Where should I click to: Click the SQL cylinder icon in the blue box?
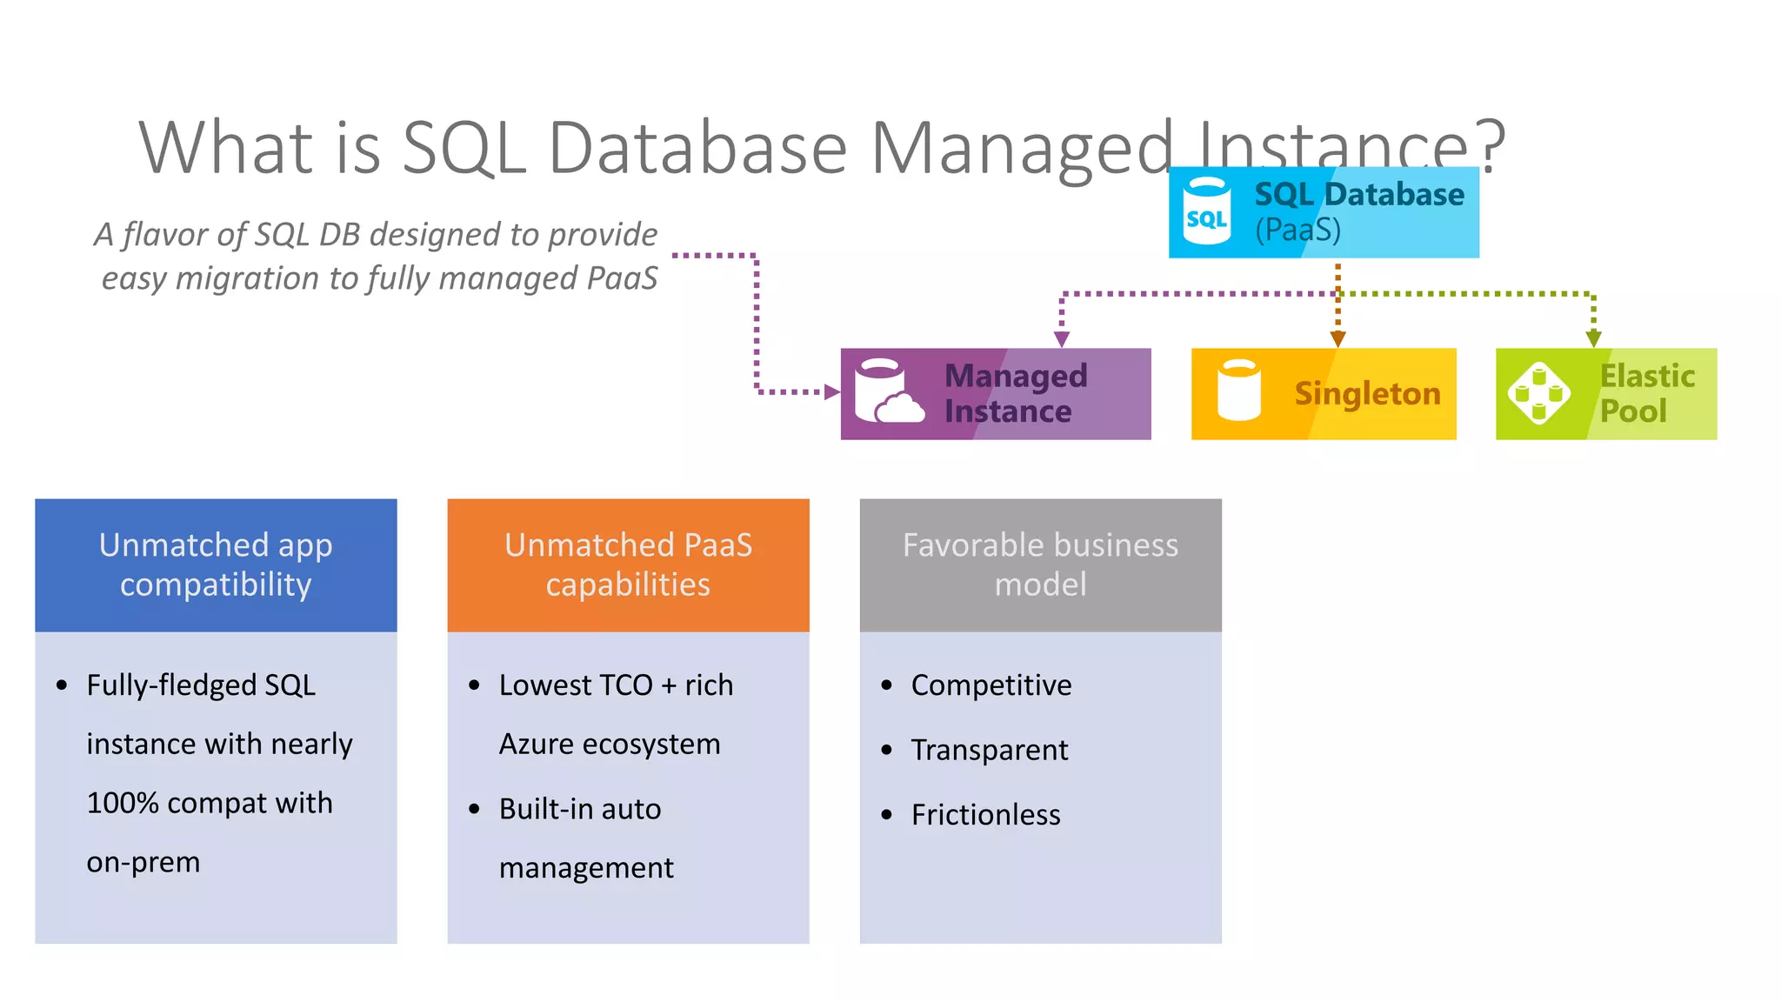tap(1207, 211)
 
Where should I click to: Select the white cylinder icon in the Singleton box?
tap(1239, 391)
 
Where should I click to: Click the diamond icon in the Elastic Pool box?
tap(1538, 393)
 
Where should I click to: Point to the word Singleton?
tap(1367, 394)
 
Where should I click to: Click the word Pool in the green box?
tap(1633, 411)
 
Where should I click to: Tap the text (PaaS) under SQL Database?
tap(1297, 230)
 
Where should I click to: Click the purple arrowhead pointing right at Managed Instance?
tap(832, 392)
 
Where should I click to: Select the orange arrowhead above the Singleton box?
tap(1337, 338)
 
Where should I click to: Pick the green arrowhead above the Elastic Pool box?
tap(1593, 338)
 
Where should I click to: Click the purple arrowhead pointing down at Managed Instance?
tap(1062, 338)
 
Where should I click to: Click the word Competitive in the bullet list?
tap(991, 685)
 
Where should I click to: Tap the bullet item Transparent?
tap(990, 750)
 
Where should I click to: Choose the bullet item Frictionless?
tap(985, 815)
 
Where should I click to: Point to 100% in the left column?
tap(123, 803)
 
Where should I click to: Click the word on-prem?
tap(143, 862)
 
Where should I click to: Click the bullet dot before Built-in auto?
tap(474, 810)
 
